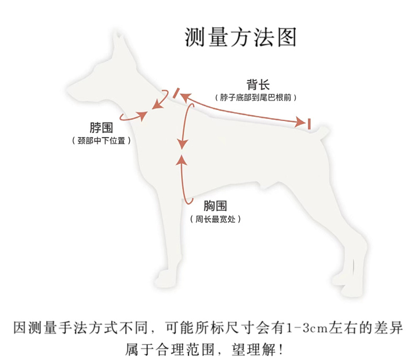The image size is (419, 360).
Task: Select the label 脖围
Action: pos(101,127)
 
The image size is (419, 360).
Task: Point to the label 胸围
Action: pos(216,206)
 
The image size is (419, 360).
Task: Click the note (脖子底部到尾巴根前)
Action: pos(256,98)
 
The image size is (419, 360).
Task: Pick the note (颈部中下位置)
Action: pos(101,140)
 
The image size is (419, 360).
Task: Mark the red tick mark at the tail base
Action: pos(310,124)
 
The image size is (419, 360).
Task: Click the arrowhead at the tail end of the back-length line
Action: pos(300,122)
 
